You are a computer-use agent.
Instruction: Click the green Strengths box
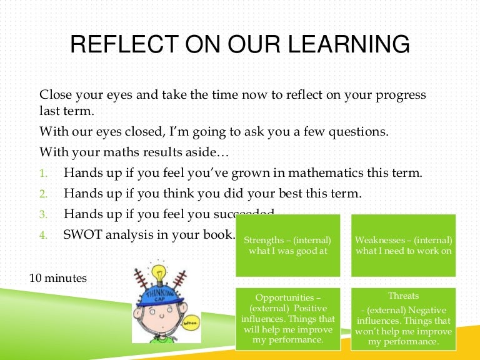[287, 245]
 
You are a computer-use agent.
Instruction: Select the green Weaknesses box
[403, 245]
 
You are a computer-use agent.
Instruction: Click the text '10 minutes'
[58, 277]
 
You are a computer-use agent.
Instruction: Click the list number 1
[43, 173]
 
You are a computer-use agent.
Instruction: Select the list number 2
[43, 194]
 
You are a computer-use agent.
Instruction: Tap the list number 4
[43, 236]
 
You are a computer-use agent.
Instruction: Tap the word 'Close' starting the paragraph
[56, 95]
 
